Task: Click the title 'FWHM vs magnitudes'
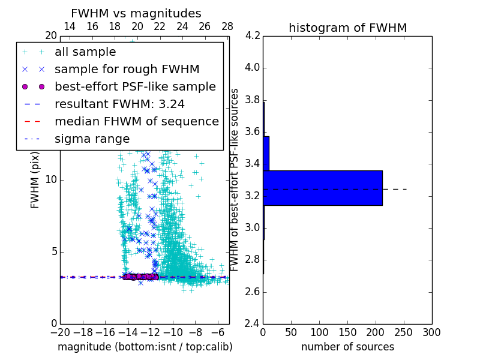click(136, 13)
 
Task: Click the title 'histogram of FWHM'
click(347, 28)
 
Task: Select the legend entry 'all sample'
click(85, 52)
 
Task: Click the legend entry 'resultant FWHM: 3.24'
click(119, 104)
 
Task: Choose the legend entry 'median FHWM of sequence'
click(136, 121)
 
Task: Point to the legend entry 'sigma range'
click(92, 139)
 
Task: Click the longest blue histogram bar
click(323, 188)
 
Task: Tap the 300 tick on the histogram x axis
click(431, 332)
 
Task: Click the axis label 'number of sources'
click(347, 347)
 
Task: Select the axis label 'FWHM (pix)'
click(35, 179)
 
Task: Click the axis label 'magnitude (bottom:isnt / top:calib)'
click(145, 347)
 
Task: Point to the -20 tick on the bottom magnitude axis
click(60, 332)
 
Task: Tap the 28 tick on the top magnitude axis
click(227, 26)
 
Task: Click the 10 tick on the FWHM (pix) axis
click(51, 179)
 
